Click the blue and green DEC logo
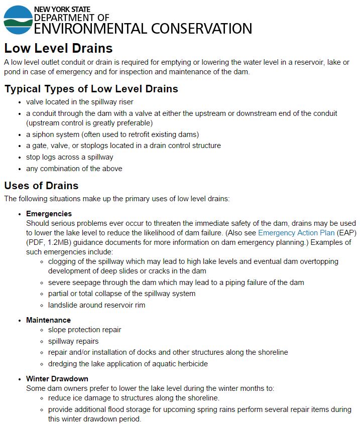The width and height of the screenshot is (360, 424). tap(18, 20)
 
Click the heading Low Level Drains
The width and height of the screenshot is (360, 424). tap(58, 48)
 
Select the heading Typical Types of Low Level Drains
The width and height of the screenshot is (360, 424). tap(91, 89)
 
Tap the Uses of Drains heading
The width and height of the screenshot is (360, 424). tap(41, 186)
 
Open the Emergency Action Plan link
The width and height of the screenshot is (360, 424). tap(296, 233)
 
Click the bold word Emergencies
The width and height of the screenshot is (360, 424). tap(49, 214)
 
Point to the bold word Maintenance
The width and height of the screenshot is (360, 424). tap(48, 320)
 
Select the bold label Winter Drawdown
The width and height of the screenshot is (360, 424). tap(57, 378)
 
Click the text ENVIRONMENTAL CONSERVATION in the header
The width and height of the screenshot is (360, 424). tap(143, 29)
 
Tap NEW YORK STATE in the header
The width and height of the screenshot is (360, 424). tap(62, 10)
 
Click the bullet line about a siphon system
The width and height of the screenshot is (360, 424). tap(112, 134)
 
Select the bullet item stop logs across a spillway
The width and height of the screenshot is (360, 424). tap(70, 157)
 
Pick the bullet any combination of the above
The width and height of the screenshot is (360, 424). tap(74, 169)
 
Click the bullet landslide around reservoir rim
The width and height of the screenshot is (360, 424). tap(97, 305)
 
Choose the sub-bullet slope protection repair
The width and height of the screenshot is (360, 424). tap(84, 330)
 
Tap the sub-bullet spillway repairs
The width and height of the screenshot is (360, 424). tap(73, 341)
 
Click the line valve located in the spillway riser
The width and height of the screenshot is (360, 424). tap(80, 102)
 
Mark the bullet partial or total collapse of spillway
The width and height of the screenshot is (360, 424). tap(122, 294)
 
